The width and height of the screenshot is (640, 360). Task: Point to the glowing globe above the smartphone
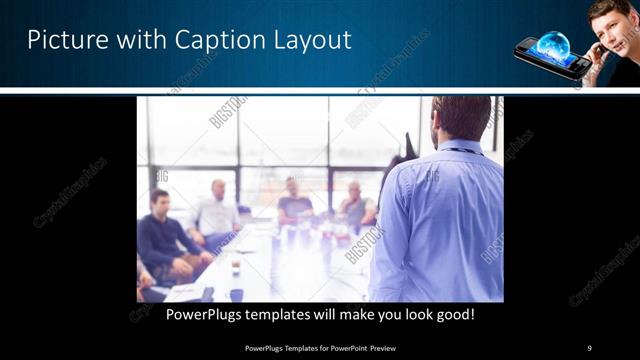[x=553, y=45]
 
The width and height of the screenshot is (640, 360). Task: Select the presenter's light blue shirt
[x=440, y=225]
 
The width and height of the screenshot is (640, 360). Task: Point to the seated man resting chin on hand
[x=355, y=205]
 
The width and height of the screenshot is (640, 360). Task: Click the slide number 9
[x=589, y=348]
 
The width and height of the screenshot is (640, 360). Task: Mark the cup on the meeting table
[x=236, y=268]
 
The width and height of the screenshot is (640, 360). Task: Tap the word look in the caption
[x=409, y=315]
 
